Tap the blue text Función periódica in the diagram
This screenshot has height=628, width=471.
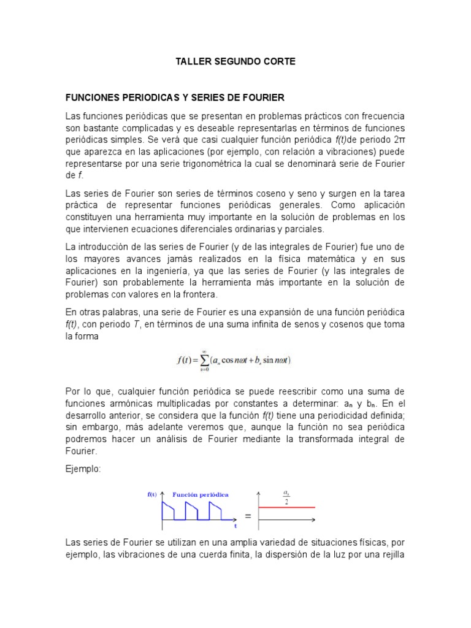click(x=201, y=494)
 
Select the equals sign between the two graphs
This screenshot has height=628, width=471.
click(x=248, y=516)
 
